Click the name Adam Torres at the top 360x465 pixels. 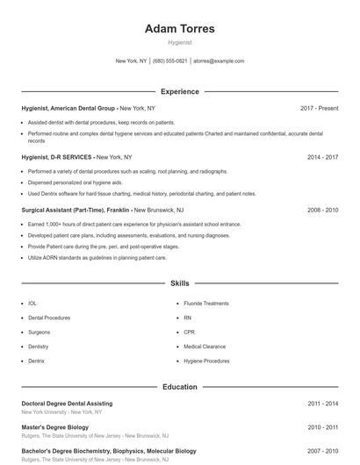point(179,28)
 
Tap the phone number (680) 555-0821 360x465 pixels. point(170,61)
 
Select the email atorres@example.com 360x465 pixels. point(219,61)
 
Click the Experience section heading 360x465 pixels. point(179,91)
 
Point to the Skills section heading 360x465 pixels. point(179,283)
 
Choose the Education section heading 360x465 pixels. point(179,386)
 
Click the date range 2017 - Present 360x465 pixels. point(319,108)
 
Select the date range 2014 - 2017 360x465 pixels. point(322,157)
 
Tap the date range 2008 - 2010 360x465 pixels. point(322,211)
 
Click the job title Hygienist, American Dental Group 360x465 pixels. point(68,108)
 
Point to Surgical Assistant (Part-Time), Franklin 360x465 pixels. point(75,211)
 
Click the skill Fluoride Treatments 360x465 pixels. point(205,304)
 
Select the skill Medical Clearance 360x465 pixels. point(204,347)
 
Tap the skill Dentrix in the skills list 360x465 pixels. point(36,361)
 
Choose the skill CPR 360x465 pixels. point(189,333)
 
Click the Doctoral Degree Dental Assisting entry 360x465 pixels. point(67,404)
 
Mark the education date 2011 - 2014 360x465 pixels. point(322,404)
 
